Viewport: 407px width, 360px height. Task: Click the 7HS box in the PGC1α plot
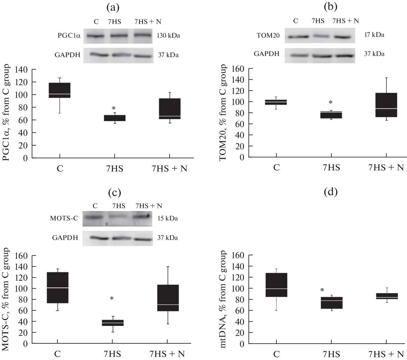(x=114, y=118)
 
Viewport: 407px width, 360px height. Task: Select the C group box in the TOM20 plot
(x=277, y=102)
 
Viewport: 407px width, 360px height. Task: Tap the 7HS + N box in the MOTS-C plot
(x=168, y=298)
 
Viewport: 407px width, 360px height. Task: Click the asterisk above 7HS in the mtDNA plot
(x=322, y=290)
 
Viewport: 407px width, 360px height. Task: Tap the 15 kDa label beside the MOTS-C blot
(x=168, y=218)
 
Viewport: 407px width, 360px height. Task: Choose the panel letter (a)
(x=113, y=8)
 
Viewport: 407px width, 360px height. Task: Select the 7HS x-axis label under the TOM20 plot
(x=331, y=168)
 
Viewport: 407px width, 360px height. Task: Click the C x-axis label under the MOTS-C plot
(x=57, y=354)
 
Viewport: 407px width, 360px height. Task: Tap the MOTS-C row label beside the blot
(x=64, y=219)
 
